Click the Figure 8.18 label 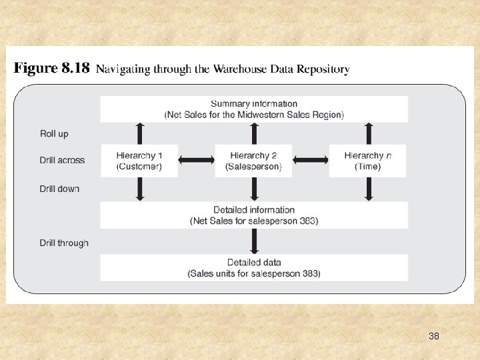(52, 68)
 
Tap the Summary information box (254, 109)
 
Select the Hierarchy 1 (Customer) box (139, 161)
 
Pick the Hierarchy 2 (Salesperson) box (254, 161)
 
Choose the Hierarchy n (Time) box (367, 161)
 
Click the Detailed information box (254, 215)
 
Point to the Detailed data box (254, 268)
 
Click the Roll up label (54, 134)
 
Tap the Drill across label (62, 160)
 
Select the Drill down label (59, 189)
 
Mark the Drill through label (64, 243)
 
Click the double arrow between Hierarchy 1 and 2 (197, 160)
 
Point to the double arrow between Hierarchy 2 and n (311, 160)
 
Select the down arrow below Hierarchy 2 (254, 189)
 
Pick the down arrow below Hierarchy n (367, 189)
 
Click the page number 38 (434, 336)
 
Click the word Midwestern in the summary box (255, 115)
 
